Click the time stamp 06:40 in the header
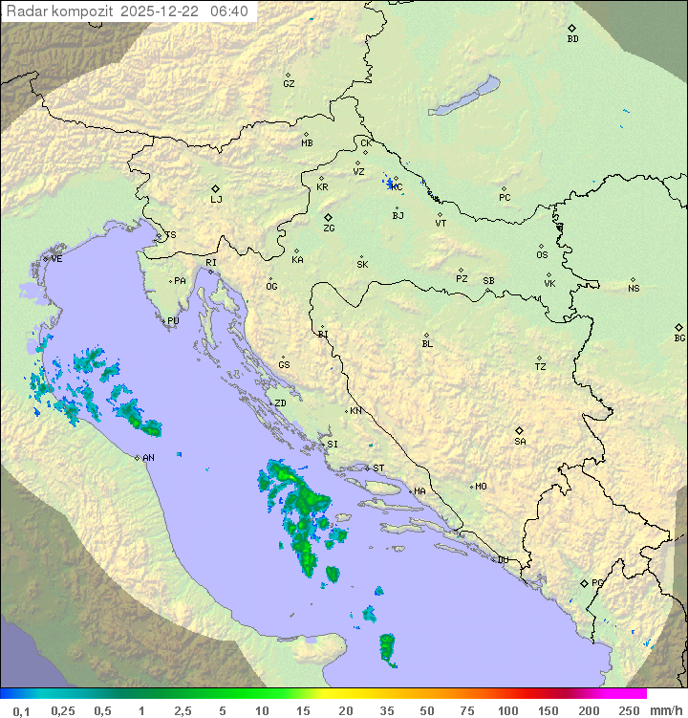tap(229, 11)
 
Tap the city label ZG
tap(329, 228)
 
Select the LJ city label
tap(216, 199)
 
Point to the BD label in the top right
tap(572, 39)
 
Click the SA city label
tap(520, 441)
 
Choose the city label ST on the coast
tap(378, 468)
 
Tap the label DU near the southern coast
tap(503, 560)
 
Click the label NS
tap(634, 288)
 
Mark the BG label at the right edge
tap(679, 337)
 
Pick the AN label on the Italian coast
tap(148, 458)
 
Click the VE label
tap(56, 259)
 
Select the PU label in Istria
tap(173, 321)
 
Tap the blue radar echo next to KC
tap(389, 181)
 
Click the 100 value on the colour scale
tap(507, 710)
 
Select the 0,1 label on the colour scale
tap(21, 710)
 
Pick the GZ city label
tap(289, 83)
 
